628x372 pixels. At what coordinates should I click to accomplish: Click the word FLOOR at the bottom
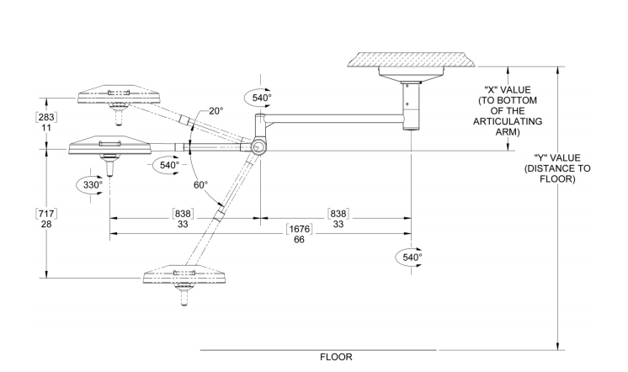coord(336,357)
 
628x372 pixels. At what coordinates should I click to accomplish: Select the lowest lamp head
coord(184,277)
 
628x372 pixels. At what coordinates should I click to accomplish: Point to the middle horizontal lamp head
coord(107,147)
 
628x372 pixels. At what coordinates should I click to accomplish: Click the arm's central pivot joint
coord(257,148)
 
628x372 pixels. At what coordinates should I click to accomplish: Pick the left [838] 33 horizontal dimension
coord(183,219)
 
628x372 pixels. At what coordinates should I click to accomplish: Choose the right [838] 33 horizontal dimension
coord(338,219)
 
